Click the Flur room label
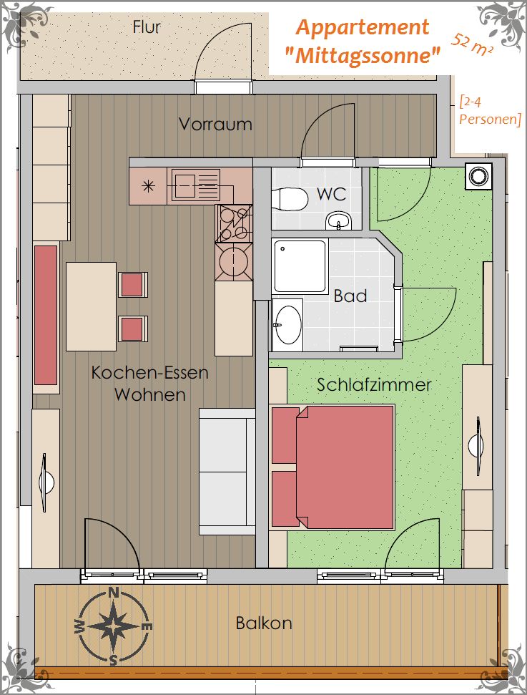tap(146, 27)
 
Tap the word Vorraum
tap(215, 124)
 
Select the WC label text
tap(332, 194)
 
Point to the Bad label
tap(350, 296)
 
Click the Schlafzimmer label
tap(374, 384)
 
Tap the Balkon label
tap(263, 623)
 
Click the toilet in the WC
tap(290, 199)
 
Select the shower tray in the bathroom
tap(300, 266)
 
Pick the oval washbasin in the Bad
tap(288, 325)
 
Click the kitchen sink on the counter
tap(196, 185)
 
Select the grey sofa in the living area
tap(227, 472)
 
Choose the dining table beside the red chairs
tap(92, 307)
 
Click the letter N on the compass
tap(114, 592)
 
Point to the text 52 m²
tap(472, 45)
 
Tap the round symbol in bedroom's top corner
tap(478, 176)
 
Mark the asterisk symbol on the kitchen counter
tap(148, 185)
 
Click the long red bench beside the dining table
tap(46, 316)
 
